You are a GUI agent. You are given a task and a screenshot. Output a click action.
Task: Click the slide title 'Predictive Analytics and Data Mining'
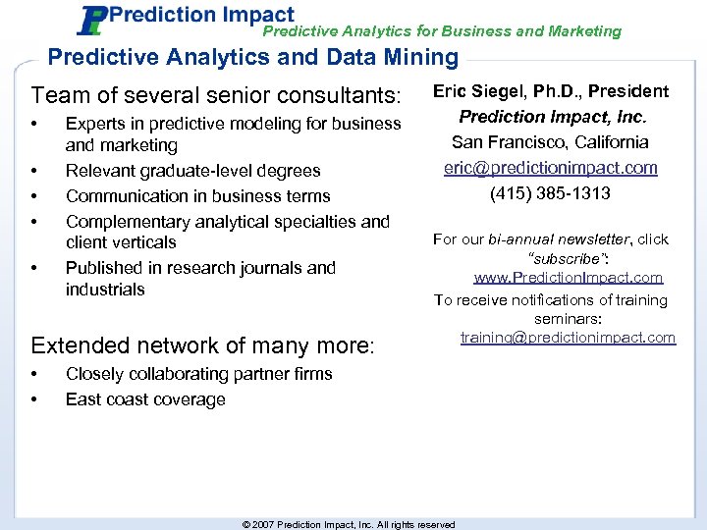[252, 58]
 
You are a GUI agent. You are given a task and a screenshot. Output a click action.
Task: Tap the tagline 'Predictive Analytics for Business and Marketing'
[442, 31]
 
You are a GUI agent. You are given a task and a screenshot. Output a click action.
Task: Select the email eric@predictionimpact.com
[551, 168]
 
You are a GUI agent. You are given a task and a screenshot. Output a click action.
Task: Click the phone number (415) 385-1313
[551, 193]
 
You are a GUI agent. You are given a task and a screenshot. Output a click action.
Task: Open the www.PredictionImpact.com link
[569, 279]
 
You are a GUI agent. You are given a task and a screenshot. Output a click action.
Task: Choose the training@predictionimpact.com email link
[569, 338]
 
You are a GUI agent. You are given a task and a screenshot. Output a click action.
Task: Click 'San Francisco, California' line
[551, 142]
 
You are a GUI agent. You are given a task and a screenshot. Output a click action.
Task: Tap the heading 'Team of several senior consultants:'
[217, 96]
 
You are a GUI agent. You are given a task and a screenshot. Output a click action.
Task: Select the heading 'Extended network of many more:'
[203, 345]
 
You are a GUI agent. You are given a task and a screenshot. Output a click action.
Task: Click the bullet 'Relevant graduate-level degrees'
[192, 171]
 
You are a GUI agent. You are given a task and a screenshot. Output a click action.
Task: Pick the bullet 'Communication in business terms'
[197, 196]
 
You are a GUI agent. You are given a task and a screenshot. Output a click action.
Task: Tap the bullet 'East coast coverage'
[145, 399]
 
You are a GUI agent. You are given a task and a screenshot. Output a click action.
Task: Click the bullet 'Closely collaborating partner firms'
[198, 374]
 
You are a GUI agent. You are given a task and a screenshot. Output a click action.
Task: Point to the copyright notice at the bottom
[349, 524]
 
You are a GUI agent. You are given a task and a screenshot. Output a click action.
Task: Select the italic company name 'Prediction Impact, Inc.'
[551, 117]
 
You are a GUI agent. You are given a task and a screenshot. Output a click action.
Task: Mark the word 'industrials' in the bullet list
[105, 290]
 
